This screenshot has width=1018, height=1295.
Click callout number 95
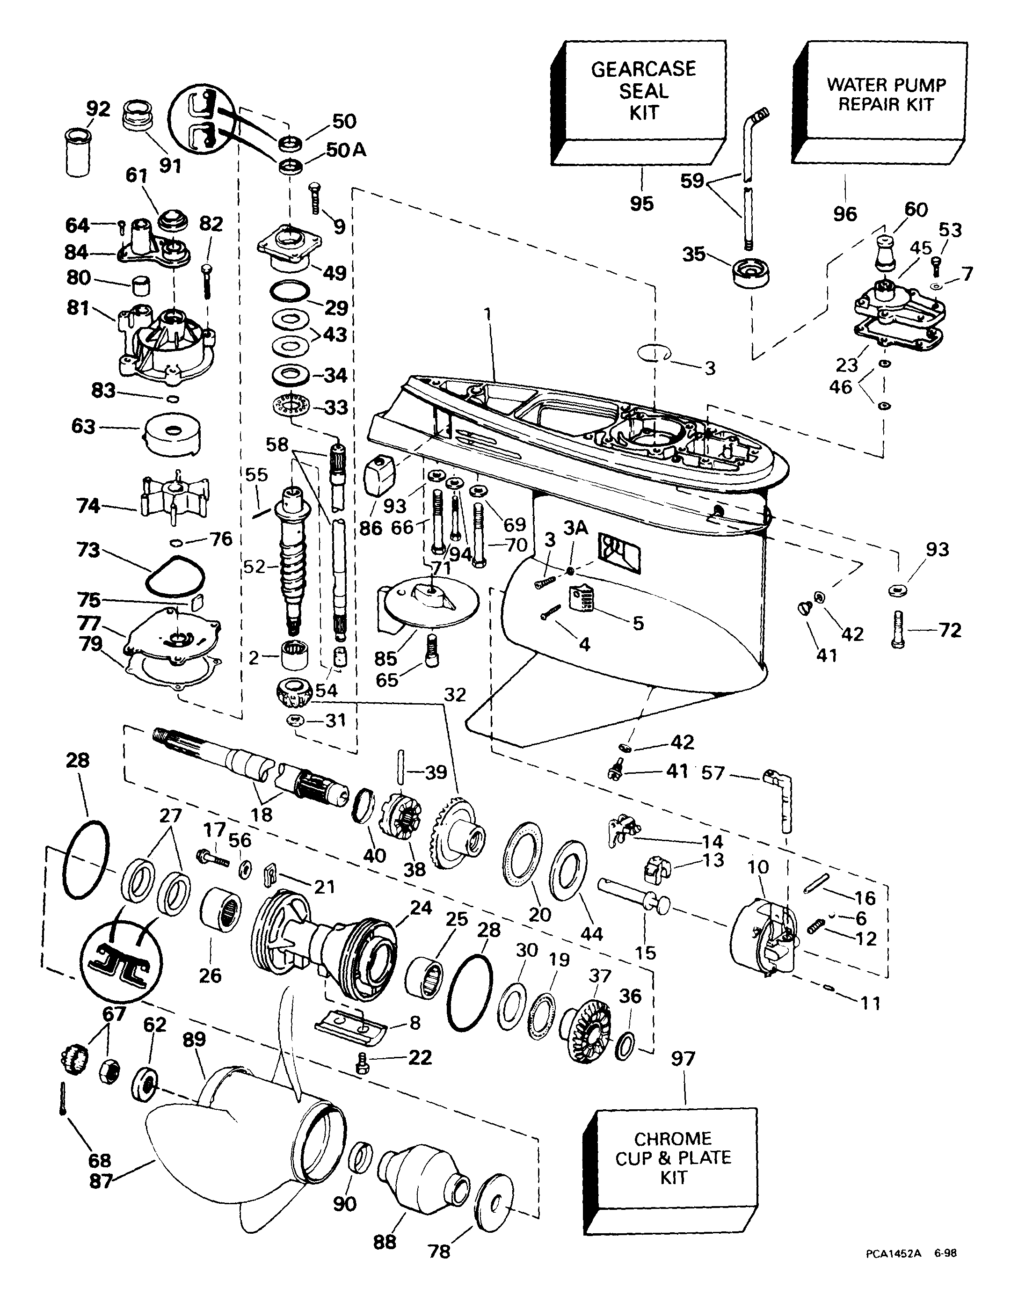pos(642,204)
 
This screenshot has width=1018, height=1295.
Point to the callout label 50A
pos(346,150)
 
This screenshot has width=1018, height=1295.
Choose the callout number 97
pos(683,1059)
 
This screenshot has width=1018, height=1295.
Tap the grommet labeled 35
pos(749,272)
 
